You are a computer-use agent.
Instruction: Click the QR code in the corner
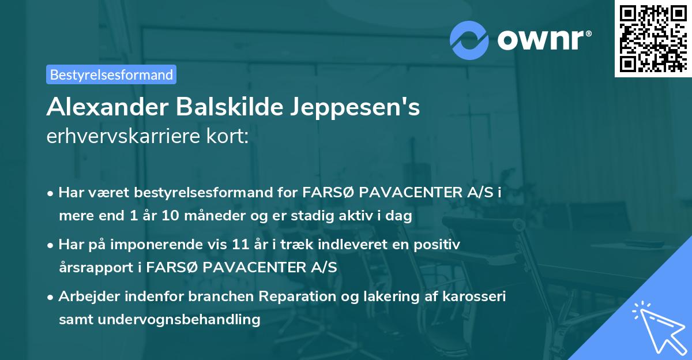click(x=652, y=39)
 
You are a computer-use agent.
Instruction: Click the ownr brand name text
click(x=542, y=39)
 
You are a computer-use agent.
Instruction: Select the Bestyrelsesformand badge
click(x=111, y=74)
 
